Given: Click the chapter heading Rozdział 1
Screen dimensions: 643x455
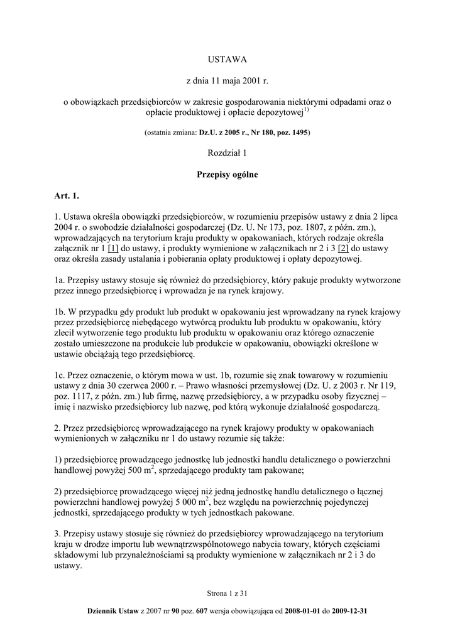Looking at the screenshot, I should (x=227, y=154).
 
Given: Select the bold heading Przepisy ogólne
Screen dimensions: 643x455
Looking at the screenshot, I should (x=227, y=175).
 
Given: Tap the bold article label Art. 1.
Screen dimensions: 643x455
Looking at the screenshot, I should (x=67, y=197).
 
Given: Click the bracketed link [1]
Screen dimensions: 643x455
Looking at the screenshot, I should (x=114, y=249).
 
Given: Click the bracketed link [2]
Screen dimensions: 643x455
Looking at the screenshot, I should (x=343, y=249).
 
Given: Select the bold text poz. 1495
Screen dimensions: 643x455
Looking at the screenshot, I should (x=292, y=133).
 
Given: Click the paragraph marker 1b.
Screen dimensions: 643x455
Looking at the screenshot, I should (x=61, y=312).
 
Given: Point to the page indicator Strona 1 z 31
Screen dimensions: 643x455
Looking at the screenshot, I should (x=227, y=592).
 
